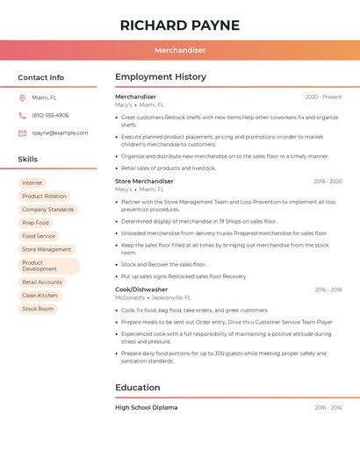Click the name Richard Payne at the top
tap(180, 25)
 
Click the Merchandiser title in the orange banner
tap(180, 50)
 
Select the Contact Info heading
tap(41, 77)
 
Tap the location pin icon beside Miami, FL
tap(22, 98)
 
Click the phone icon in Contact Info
tap(22, 116)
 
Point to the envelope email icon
tap(22, 133)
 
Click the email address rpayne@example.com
tap(60, 133)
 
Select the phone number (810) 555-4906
tap(50, 116)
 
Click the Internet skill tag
tap(32, 183)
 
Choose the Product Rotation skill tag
tap(44, 197)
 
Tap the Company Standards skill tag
tap(47, 210)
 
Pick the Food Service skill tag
tap(39, 236)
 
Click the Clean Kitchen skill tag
tap(40, 296)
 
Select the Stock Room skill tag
tap(38, 309)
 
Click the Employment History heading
tap(161, 77)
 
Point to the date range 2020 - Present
tap(323, 97)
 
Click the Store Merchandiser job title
tap(144, 182)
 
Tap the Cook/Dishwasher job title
tap(141, 290)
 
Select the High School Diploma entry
tap(146, 407)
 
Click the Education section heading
tap(138, 388)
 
